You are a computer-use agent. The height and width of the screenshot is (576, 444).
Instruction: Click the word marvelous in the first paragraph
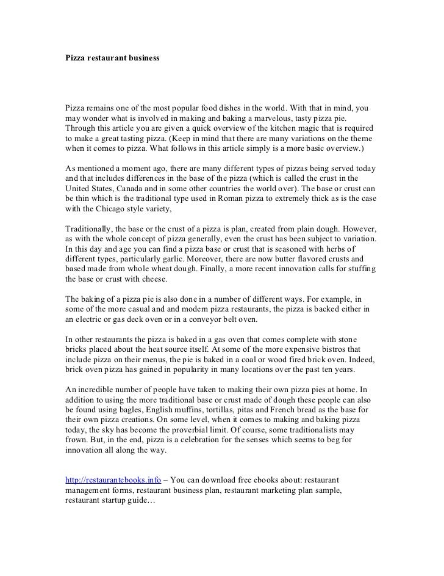point(270,117)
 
